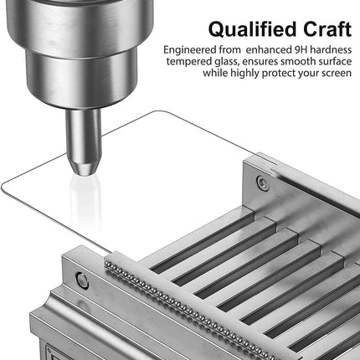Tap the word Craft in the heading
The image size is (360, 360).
coord(327,29)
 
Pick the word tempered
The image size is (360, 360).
coord(189,62)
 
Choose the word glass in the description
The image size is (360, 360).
coord(226,62)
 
